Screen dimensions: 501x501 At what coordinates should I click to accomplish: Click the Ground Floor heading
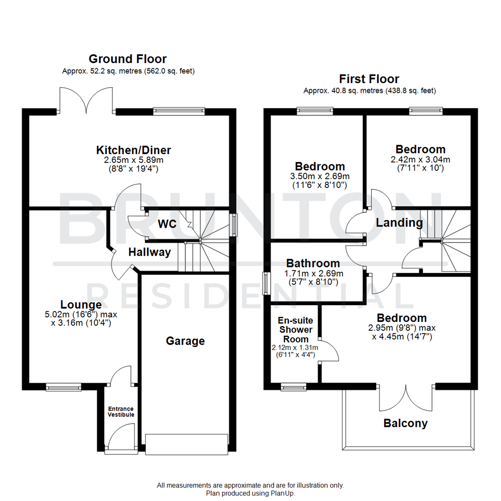click(128, 59)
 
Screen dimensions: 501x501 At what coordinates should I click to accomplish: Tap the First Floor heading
click(369, 79)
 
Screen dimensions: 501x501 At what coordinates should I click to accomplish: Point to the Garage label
click(185, 341)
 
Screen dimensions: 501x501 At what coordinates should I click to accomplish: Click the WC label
click(167, 224)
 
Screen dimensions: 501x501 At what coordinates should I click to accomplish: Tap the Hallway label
click(149, 253)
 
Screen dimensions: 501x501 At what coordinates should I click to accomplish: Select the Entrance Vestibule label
click(121, 411)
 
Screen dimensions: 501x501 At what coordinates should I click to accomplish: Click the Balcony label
click(405, 423)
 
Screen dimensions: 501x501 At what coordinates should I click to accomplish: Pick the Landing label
click(399, 223)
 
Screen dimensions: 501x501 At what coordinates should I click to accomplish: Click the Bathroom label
click(313, 263)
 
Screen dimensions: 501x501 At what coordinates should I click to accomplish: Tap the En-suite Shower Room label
click(295, 330)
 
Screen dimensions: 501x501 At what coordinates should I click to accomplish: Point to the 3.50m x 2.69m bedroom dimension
click(320, 176)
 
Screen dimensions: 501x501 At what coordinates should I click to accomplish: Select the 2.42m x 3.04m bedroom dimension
click(420, 160)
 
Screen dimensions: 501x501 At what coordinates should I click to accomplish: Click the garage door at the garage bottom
click(186, 443)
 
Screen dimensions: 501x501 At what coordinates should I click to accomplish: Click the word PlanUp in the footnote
click(282, 494)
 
